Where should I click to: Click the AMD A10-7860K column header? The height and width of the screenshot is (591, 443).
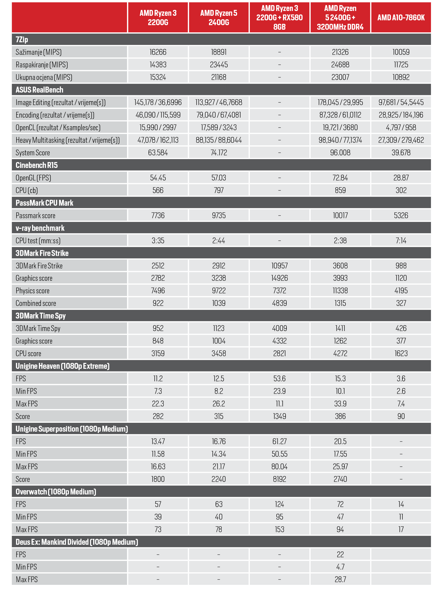pyautogui.click(x=401, y=18)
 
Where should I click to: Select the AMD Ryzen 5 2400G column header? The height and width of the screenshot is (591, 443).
pyautogui.click(x=219, y=18)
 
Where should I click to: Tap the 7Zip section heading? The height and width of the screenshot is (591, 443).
pyautogui.click(x=22, y=40)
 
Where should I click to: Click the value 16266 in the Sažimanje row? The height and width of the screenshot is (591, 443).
pyautogui.click(x=158, y=52)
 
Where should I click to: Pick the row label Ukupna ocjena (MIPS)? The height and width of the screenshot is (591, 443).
pyautogui.click(x=44, y=77)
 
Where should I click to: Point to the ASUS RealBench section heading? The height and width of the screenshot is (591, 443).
pyautogui.click(x=40, y=90)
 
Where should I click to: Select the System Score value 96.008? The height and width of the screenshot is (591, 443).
pyautogui.click(x=340, y=153)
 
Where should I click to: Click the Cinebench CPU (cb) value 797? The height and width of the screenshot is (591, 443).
pyautogui.click(x=219, y=190)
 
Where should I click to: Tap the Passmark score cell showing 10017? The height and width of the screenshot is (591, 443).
pyautogui.click(x=340, y=216)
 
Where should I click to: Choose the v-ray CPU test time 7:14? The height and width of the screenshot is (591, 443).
pyautogui.click(x=401, y=241)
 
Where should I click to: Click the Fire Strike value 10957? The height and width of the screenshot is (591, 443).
pyautogui.click(x=279, y=266)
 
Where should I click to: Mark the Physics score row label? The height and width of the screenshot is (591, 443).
pyautogui.click(x=33, y=291)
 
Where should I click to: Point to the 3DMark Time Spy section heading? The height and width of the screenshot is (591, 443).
pyautogui.click(x=41, y=316)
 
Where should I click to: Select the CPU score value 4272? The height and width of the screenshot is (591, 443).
pyautogui.click(x=340, y=354)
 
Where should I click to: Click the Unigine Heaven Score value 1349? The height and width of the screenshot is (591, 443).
pyautogui.click(x=279, y=416)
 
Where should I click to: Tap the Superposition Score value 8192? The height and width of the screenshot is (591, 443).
pyautogui.click(x=279, y=479)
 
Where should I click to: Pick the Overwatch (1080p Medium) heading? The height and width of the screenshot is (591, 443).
pyautogui.click(x=56, y=492)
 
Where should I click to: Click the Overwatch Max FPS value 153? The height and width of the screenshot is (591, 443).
pyautogui.click(x=279, y=529)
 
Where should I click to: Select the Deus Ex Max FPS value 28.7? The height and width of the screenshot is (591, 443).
pyautogui.click(x=340, y=580)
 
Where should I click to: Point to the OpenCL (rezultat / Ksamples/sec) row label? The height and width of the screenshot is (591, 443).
pyautogui.click(x=58, y=128)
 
